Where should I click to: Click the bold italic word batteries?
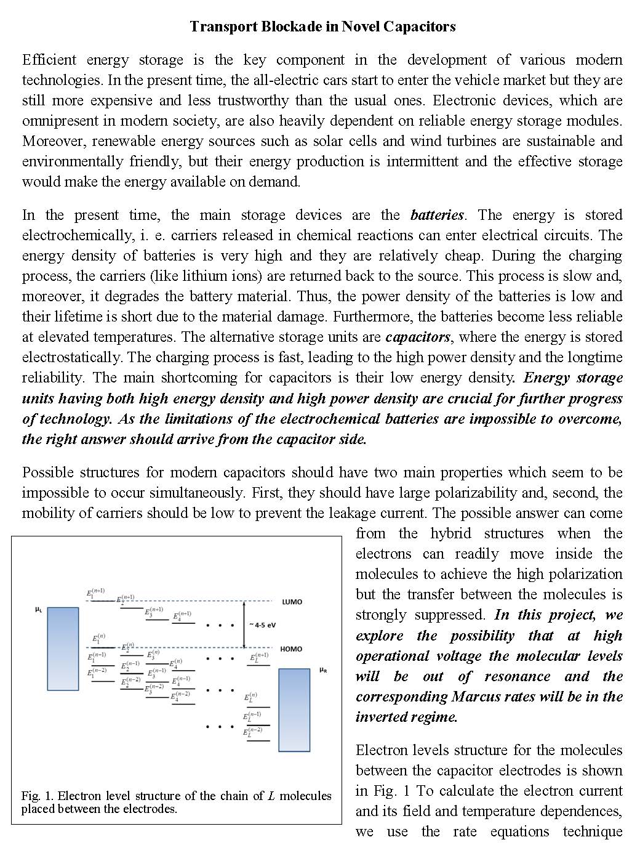coord(437,215)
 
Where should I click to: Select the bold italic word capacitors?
coord(418,337)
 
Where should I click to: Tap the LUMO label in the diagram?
coord(292,602)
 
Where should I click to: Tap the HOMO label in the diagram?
coord(291,649)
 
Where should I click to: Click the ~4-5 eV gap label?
coord(262,625)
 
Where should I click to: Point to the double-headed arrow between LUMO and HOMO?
coord(244,625)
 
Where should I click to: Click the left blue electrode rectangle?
coord(63,649)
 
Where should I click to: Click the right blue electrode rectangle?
coord(294,710)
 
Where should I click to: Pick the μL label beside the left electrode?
coord(39,610)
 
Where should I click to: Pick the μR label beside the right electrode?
coord(323,669)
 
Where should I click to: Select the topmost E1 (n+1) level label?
coord(95,594)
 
